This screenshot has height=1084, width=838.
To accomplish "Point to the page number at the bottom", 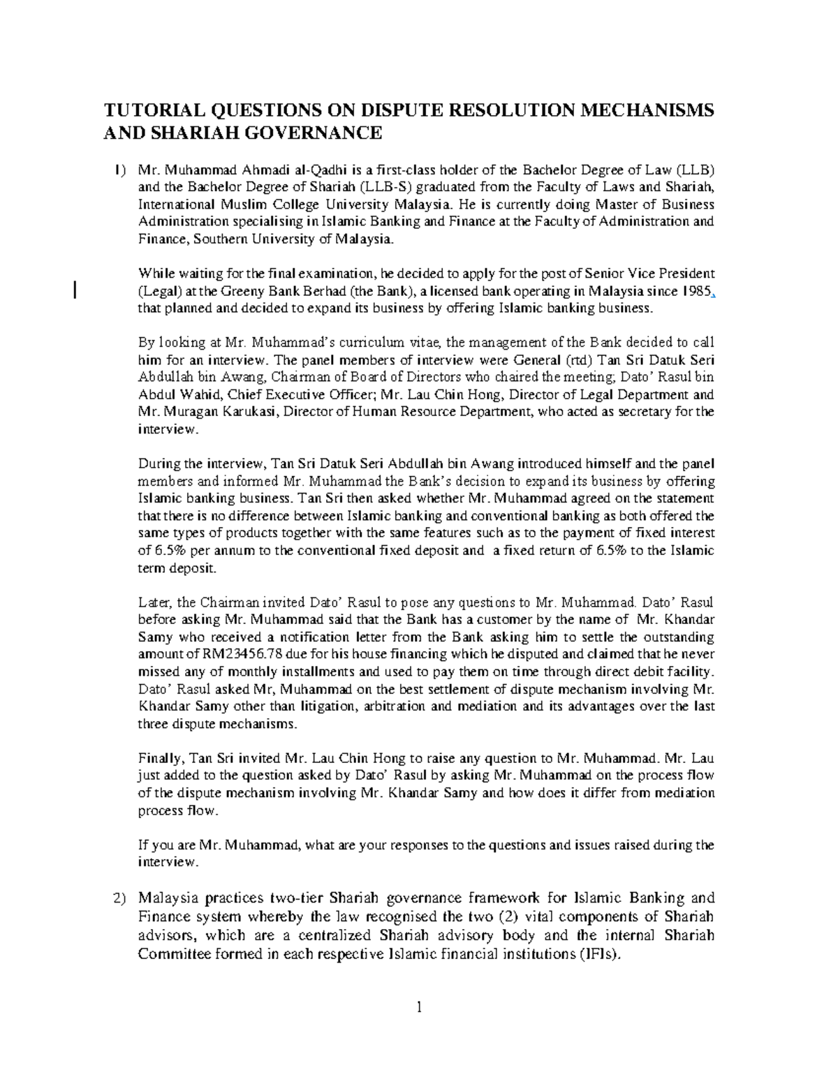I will click(419, 1007).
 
